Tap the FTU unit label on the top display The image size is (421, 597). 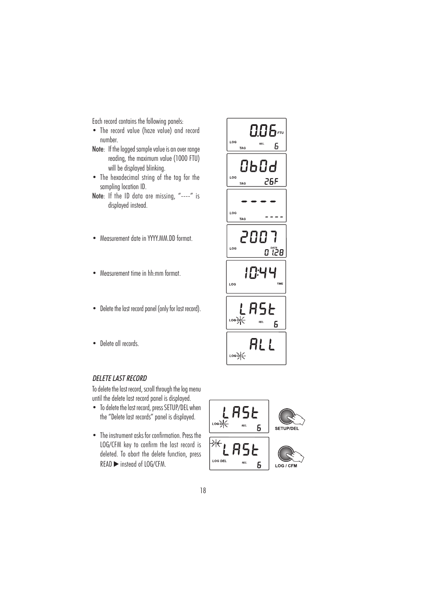click(x=280, y=133)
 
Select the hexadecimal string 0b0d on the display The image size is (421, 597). click(x=259, y=166)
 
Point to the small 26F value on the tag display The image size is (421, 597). click(x=271, y=181)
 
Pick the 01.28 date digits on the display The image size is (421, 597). click(x=274, y=253)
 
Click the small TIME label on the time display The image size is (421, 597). click(x=280, y=284)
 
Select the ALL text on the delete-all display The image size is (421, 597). click(x=262, y=344)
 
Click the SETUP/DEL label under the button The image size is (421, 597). click(x=287, y=428)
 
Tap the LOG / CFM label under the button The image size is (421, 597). click(x=286, y=466)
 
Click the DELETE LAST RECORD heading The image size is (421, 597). click(x=120, y=378)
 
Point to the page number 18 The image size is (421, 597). click(x=203, y=491)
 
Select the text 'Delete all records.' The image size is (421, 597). click(x=119, y=344)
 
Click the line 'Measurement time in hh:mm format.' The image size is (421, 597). click(x=140, y=274)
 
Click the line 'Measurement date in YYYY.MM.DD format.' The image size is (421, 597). click(x=146, y=239)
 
